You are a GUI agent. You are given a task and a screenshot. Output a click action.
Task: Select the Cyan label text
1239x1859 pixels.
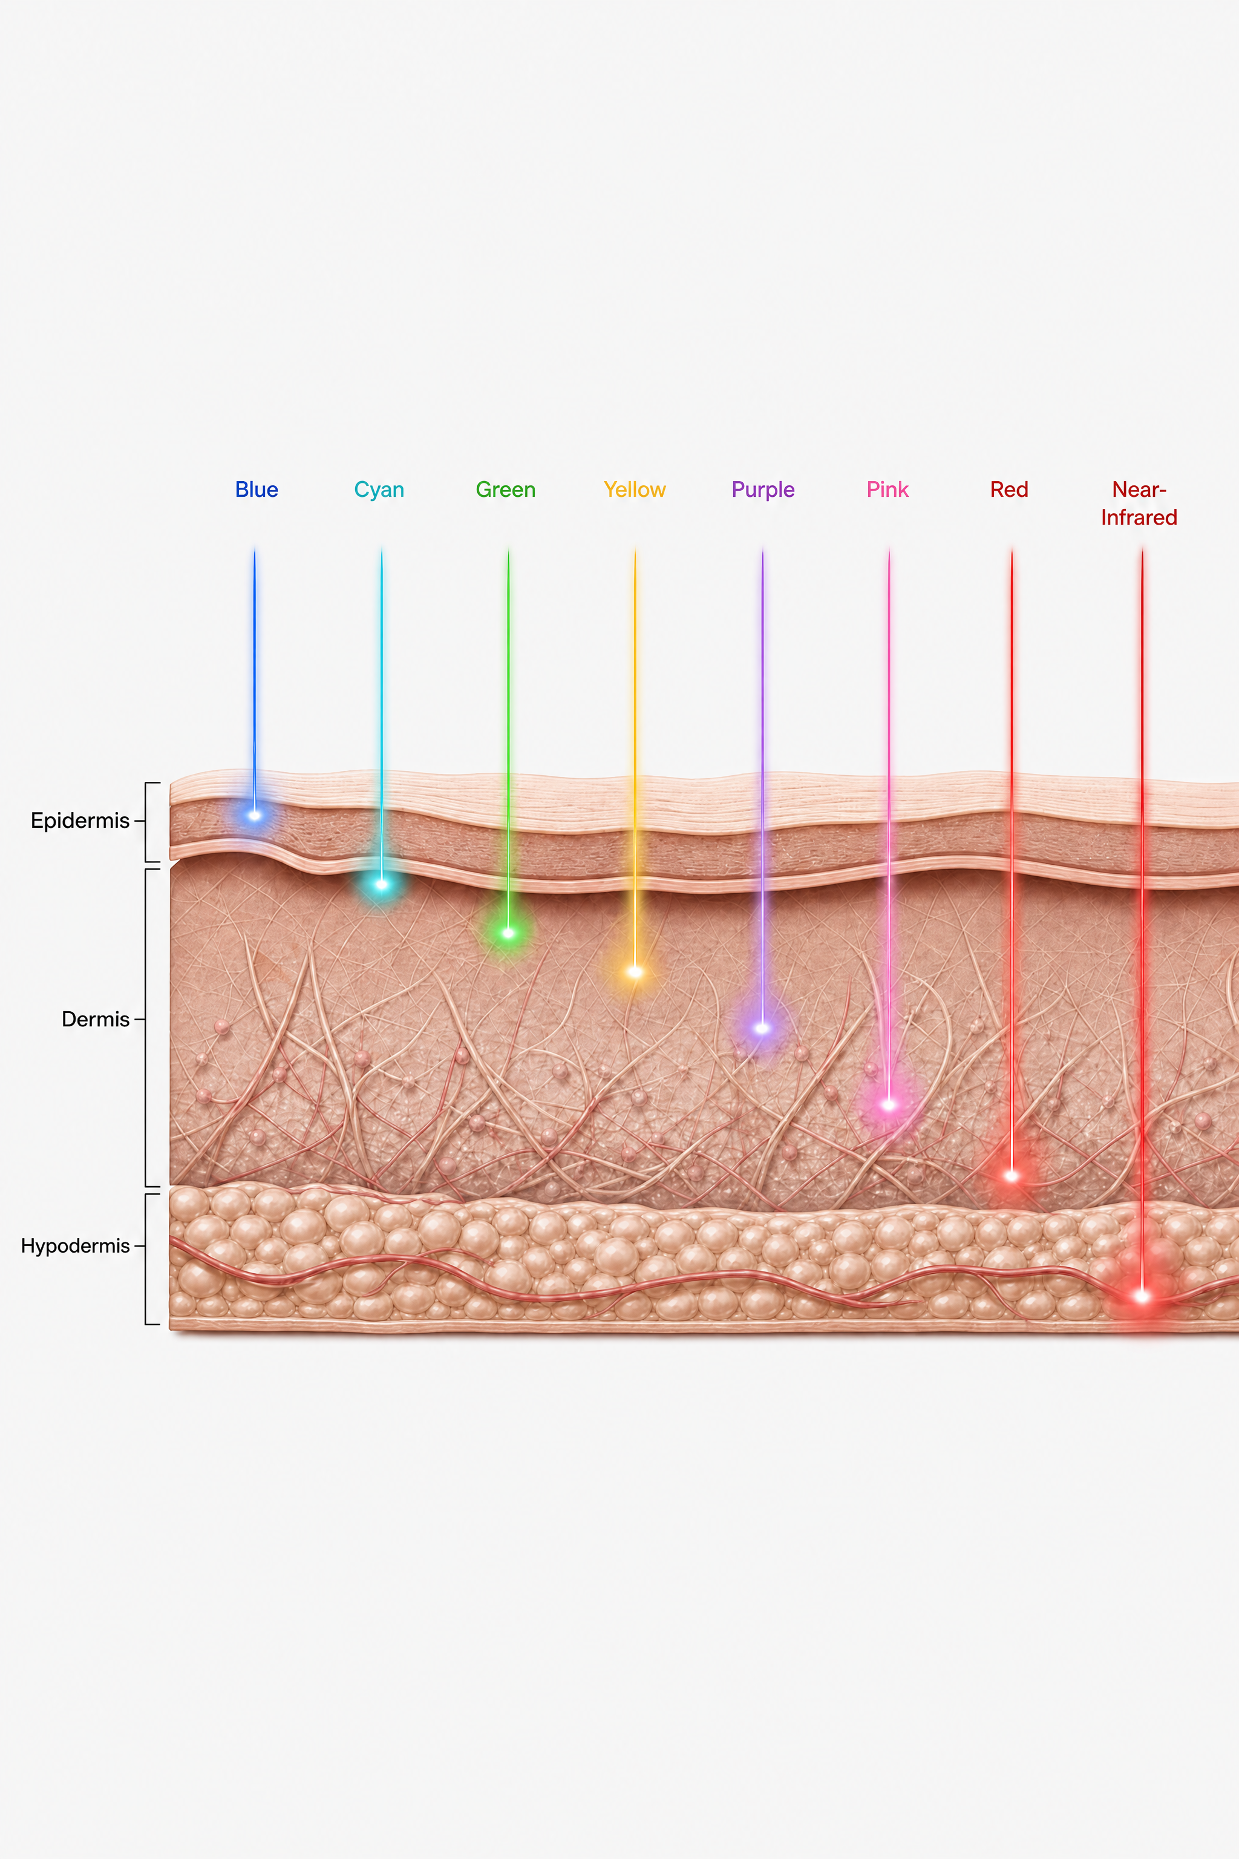(379, 490)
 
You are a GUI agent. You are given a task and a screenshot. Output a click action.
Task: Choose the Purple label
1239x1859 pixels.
(763, 490)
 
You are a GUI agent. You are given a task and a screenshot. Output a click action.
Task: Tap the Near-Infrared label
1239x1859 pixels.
(1139, 503)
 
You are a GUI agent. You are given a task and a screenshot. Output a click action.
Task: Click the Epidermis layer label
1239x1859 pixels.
(80, 821)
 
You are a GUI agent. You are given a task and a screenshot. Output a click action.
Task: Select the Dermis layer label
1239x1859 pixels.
(96, 1019)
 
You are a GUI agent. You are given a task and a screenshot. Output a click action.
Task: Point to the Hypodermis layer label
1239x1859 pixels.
(75, 1247)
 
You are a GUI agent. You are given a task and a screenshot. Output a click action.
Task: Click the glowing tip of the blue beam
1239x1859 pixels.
(255, 815)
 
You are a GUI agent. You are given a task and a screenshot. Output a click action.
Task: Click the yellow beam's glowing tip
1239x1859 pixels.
(635, 972)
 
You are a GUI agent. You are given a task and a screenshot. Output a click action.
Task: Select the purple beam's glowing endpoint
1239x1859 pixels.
(762, 1028)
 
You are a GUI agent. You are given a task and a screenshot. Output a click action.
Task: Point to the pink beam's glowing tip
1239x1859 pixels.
(888, 1105)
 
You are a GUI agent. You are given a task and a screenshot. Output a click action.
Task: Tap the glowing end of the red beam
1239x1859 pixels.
(1012, 1176)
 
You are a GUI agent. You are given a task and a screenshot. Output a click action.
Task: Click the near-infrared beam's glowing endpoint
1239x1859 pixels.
(1142, 1296)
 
